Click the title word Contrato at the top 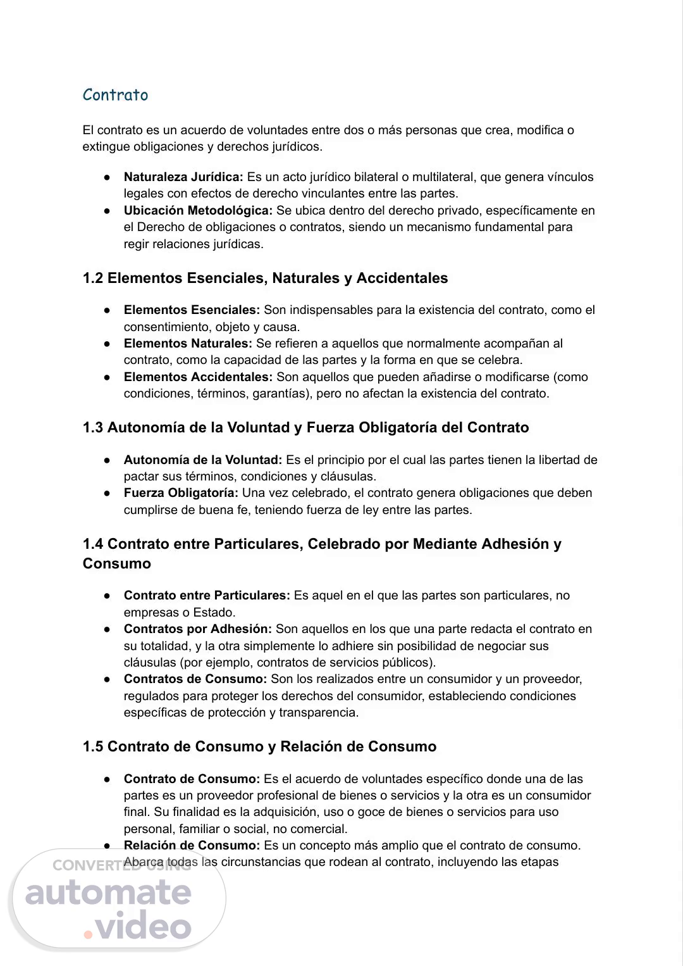click(x=115, y=95)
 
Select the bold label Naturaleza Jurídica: click(x=183, y=177)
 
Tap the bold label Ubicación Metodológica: click(x=198, y=210)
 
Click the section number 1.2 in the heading click(x=93, y=278)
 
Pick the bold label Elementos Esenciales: click(x=192, y=310)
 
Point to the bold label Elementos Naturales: click(x=188, y=344)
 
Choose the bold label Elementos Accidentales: click(x=198, y=377)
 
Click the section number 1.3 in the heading click(x=93, y=427)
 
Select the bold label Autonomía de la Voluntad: click(x=203, y=460)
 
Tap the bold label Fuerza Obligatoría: click(x=181, y=493)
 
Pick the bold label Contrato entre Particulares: click(x=207, y=596)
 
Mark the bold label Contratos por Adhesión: click(x=197, y=629)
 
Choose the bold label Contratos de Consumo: click(x=195, y=679)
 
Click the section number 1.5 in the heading click(x=93, y=746)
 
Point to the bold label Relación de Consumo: click(x=192, y=846)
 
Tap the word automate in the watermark click(x=108, y=893)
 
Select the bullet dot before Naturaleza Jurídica click(x=108, y=178)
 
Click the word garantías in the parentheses click(x=281, y=394)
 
